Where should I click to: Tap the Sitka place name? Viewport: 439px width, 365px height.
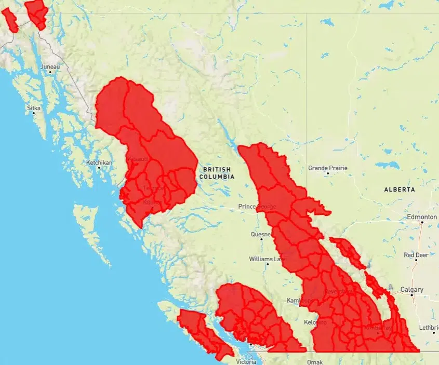pos(33,109)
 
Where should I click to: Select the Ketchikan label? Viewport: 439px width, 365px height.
pos(99,163)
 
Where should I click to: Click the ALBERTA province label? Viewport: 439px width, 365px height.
pos(400,190)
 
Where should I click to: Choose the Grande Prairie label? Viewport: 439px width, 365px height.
pos(328,168)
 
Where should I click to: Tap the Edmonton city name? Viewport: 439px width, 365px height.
pos(422,217)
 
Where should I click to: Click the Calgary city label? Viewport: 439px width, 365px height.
pos(411,289)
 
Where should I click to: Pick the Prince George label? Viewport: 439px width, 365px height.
pos(257,207)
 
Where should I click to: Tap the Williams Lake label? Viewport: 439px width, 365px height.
pos(267,259)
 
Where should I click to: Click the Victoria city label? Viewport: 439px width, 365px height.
pos(246,361)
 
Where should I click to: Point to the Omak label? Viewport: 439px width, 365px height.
pos(315,362)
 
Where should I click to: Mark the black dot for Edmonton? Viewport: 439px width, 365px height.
pos(422,223)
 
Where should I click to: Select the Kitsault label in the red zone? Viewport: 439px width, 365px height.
pos(138,158)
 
